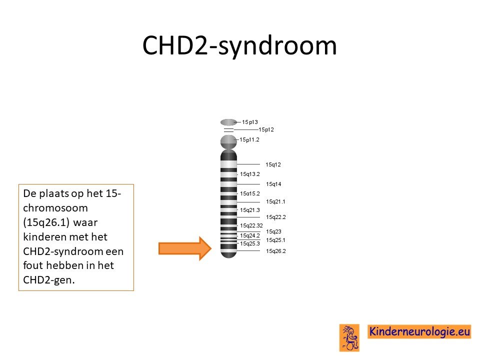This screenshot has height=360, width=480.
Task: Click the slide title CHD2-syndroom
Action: tap(239, 45)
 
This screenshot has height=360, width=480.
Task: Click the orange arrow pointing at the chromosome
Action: tap(185, 248)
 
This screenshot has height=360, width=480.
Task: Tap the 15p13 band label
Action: tap(250, 122)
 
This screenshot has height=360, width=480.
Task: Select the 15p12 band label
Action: tap(266, 129)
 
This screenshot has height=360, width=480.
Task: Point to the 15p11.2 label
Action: tap(249, 139)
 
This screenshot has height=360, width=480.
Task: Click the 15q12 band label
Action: tap(273, 164)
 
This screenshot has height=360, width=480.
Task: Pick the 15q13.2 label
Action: tap(250, 174)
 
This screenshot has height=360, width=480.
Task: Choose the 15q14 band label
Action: tap(273, 184)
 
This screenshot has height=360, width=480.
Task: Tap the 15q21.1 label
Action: tap(275, 201)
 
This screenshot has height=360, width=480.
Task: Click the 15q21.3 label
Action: tap(250, 210)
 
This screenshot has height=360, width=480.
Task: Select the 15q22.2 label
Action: tap(276, 217)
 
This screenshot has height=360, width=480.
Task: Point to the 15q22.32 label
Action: tap(251, 225)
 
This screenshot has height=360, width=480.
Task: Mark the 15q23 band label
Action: tap(273, 231)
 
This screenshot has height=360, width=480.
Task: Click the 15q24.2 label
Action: tap(250, 235)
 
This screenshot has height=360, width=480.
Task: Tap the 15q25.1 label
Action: tap(275, 240)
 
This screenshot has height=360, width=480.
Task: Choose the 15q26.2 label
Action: tap(276, 251)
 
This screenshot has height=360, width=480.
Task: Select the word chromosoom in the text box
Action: tap(55, 208)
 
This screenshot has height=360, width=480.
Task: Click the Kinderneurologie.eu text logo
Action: tap(419, 331)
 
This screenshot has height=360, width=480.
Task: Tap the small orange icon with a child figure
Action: tap(349, 337)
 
